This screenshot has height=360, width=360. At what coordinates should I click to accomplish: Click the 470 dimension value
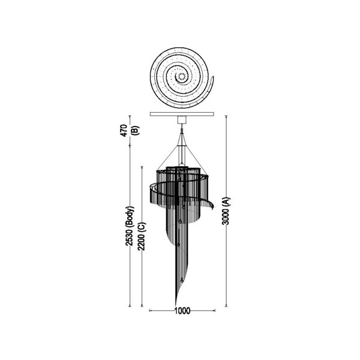[124, 130]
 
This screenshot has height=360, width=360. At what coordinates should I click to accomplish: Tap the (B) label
[135, 130]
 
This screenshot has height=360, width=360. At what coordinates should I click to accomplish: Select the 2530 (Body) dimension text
[130, 226]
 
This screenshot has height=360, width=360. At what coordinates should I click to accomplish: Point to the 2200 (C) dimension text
[142, 236]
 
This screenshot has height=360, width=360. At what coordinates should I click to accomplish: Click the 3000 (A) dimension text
[226, 211]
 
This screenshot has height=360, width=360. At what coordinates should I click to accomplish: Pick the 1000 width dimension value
[182, 311]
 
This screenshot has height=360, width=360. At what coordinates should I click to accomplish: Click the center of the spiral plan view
[181, 76]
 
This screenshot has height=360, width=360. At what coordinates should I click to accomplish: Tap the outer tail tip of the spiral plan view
[213, 76]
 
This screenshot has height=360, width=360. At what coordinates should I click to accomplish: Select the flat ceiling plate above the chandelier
[182, 114]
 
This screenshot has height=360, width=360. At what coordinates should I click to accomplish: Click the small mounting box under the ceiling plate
[182, 119]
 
